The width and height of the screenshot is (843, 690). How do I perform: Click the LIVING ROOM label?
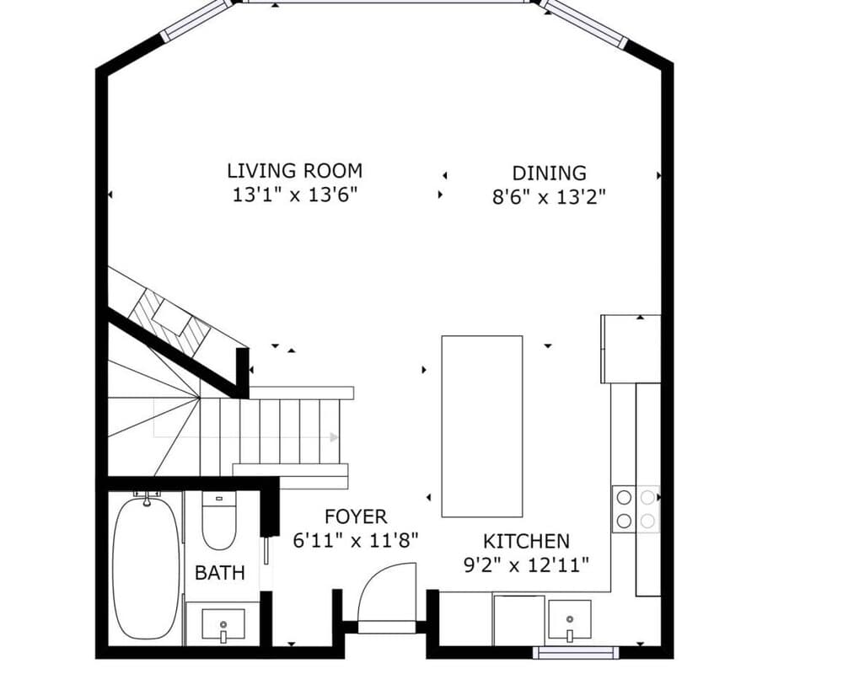(x=294, y=170)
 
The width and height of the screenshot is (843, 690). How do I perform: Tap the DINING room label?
(x=549, y=173)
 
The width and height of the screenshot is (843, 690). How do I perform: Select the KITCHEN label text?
(x=526, y=541)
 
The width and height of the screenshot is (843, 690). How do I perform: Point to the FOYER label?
(x=355, y=516)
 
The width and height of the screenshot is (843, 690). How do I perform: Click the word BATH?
(x=220, y=573)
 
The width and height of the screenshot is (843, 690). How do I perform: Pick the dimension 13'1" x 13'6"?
(x=295, y=195)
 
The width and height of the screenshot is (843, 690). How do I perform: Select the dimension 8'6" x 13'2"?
(x=550, y=197)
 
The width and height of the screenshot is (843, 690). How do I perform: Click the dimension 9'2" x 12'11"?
(x=526, y=564)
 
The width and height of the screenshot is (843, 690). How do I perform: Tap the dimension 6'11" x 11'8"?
(x=355, y=540)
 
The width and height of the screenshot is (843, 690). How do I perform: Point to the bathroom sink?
(x=223, y=626)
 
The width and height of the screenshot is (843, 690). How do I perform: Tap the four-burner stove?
(x=636, y=509)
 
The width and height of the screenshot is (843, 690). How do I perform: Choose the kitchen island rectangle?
(x=481, y=425)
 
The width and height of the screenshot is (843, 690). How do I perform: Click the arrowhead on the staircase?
(x=334, y=437)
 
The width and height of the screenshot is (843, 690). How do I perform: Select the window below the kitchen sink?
(x=576, y=652)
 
